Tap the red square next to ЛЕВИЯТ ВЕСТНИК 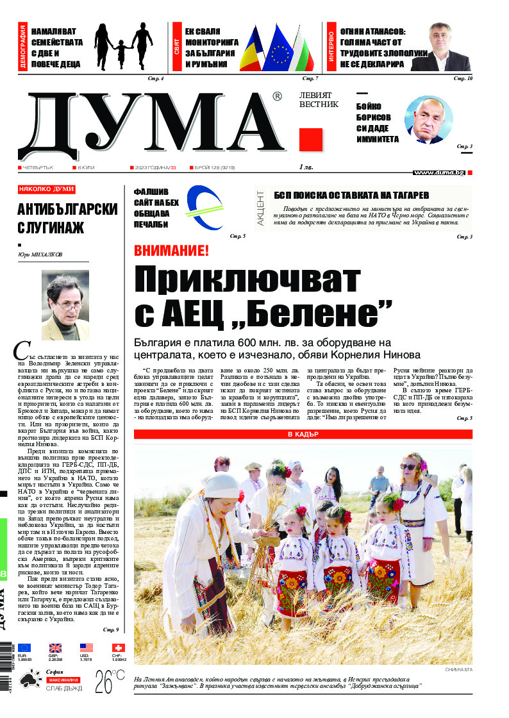[x=311, y=140]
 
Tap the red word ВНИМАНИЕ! [x=171, y=251]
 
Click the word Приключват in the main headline [x=247, y=281]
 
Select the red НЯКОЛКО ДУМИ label [x=47, y=190]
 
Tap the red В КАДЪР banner [x=303, y=435]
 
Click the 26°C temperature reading [x=110, y=683]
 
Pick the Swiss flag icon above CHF [x=117, y=647]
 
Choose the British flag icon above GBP [x=56, y=647]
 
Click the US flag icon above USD [x=87, y=647]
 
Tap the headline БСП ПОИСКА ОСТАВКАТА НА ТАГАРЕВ [x=351, y=195]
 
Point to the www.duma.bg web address [x=439, y=172]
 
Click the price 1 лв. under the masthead [x=306, y=167]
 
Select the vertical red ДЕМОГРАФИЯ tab [x=23, y=47]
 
